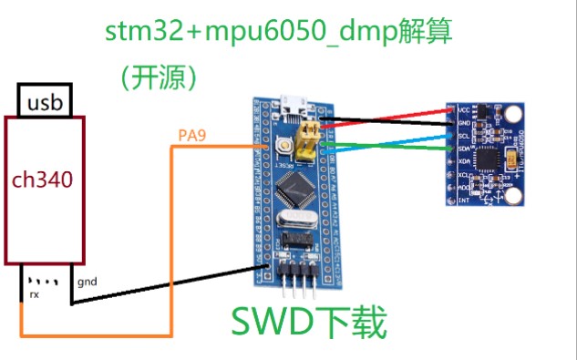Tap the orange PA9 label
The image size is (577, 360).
pos(192,137)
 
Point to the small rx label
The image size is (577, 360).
pos(34,293)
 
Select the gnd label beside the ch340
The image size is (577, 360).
pos(87,282)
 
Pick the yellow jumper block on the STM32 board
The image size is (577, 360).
pos(311,136)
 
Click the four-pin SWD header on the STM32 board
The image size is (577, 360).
pos(296,274)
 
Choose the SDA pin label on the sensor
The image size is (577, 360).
pos(463,148)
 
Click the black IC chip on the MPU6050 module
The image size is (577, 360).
pos(491,157)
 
